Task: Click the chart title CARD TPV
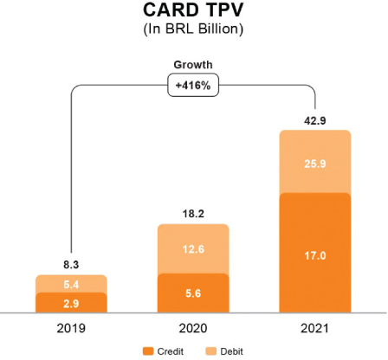[x=193, y=12]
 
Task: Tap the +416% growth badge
[x=193, y=87]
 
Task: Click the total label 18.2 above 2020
[x=192, y=212]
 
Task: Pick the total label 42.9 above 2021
[x=314, y=119]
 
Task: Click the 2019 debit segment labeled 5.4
[x=70, y=284]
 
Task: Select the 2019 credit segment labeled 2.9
[x=70, y=302]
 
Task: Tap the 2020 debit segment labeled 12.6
[x=192, y=249]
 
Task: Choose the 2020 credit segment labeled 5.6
[x=192, y=292]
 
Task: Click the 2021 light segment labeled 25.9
[x=314, y=162]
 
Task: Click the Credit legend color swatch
[x=148, y=350]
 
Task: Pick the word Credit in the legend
[x=171, y=350]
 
